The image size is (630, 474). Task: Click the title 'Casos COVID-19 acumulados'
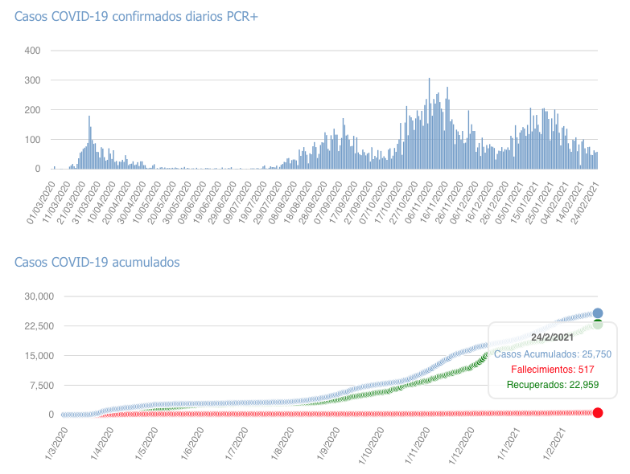coord(97,262)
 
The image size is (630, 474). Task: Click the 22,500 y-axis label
coord(37,326)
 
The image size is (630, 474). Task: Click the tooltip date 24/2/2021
coord(552,337)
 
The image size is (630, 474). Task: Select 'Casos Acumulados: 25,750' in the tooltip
coord(552,353)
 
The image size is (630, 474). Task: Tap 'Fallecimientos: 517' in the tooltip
coord(552,370)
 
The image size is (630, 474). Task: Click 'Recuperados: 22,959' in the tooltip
coord(552,386)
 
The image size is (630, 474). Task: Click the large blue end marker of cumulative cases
coord(598,313)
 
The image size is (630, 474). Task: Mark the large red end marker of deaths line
coord(598,412)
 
